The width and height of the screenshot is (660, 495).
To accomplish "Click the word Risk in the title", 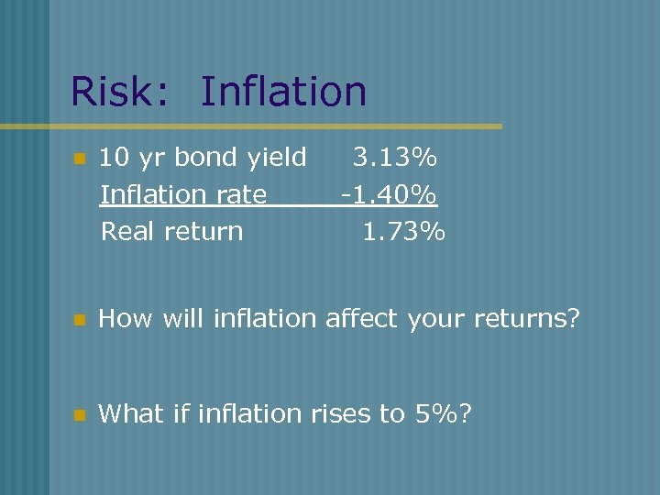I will coord(117,92).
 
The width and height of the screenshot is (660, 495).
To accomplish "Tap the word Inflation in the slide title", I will coord(283,92).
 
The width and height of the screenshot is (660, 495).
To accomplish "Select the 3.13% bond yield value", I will coord(395,159).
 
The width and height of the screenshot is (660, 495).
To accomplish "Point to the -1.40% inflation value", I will coord(389,194).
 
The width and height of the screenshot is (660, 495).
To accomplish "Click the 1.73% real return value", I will coord(403,231).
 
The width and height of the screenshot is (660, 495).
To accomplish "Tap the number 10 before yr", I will coord(113,159).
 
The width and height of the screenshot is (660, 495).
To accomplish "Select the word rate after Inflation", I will coord(244,195).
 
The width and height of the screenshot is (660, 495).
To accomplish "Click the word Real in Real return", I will coord(129,231).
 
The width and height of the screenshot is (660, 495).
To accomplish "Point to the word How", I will coord(126,319).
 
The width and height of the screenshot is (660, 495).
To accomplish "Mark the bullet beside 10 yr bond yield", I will coord(79,159).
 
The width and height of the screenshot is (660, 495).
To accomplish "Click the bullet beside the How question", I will coord(79,320).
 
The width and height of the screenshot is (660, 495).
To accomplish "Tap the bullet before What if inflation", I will coord(79,415).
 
